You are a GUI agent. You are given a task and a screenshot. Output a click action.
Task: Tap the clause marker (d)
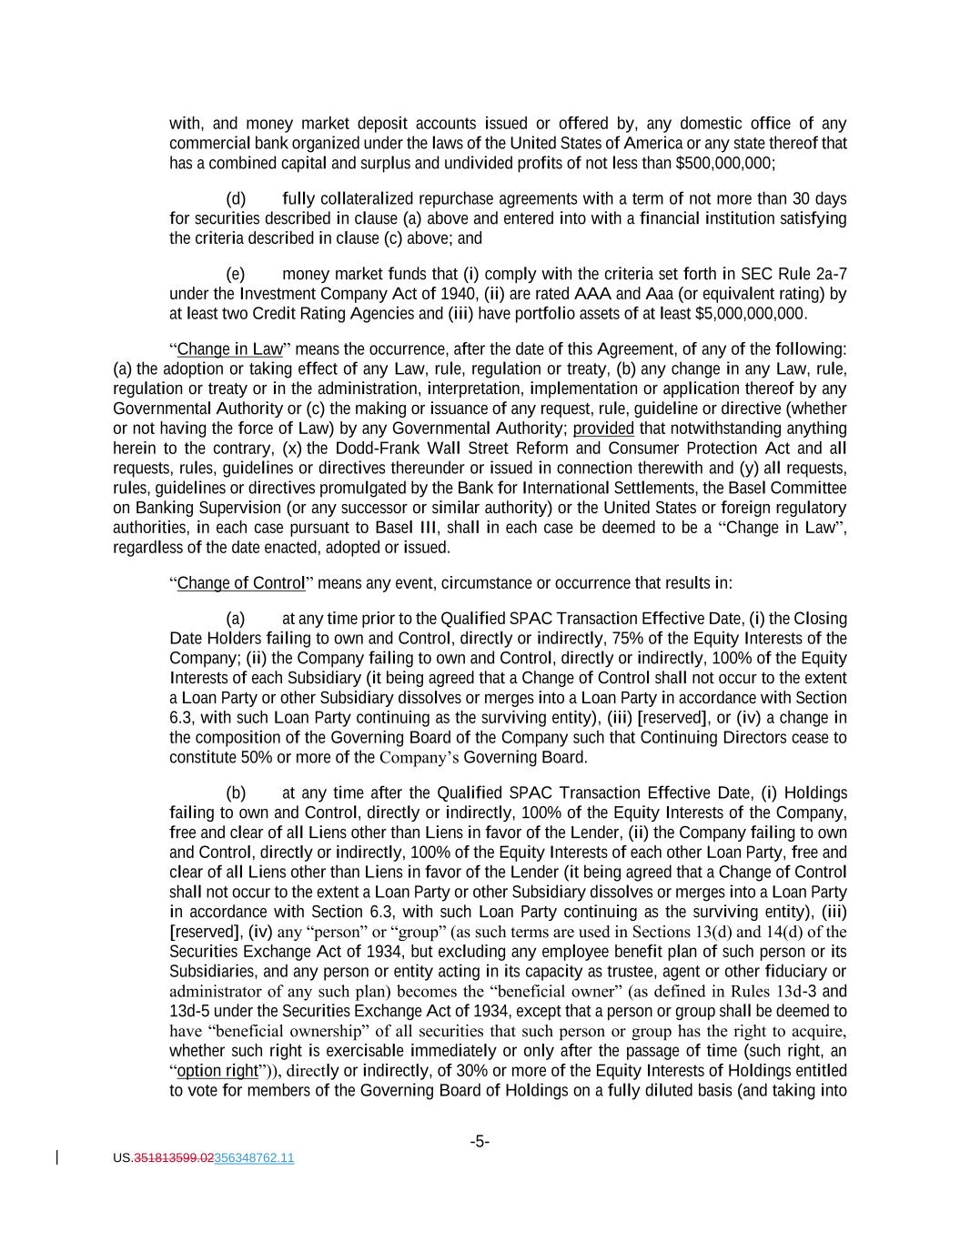[x=236, y=199]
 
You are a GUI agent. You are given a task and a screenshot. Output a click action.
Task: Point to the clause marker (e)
[x=236, y=275]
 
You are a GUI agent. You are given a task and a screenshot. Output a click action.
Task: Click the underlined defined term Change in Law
[x=230, y=349]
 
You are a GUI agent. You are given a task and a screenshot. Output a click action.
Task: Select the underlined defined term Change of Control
[x=240, y=583]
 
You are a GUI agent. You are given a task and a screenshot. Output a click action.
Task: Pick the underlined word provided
[x=603, y=429]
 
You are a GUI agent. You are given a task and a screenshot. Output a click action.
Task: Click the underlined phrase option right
[x=217, y=1071]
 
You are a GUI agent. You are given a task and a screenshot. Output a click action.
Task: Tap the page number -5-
[x=480, y=1141]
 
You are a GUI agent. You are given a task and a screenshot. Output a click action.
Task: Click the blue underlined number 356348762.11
[x=254, y=1158]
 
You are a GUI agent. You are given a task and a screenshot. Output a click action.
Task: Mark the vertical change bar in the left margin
[x=58, y=1157]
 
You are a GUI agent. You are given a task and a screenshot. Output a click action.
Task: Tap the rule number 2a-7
[x=832, y=275]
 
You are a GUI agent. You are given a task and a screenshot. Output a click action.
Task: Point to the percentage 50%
[x=255, y=758]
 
